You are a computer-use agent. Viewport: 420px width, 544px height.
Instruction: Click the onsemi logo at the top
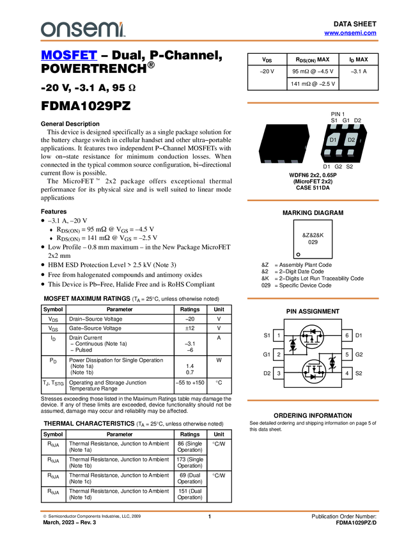[x=82, y=29]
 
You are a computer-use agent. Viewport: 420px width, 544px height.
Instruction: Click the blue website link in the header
[x=350, y=33]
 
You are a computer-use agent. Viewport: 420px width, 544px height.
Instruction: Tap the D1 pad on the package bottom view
[x=332, y=140]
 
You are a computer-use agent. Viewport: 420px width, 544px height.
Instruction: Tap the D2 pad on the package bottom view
[x=351, y=140]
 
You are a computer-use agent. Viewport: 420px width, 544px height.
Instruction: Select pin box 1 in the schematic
[x=279, y=335]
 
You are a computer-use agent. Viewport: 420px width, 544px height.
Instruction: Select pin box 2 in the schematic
[x=279, y=354]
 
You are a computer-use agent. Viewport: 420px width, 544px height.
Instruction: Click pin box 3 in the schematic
[x=279, y=373]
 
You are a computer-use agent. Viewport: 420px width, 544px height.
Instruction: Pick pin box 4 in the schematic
[x=346, y=373]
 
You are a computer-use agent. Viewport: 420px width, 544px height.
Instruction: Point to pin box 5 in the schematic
[x=346, y=354]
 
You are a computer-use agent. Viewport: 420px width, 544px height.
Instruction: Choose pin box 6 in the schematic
[x=346, y=335]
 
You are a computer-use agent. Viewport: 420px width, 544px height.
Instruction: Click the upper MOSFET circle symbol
[x=312, y=335]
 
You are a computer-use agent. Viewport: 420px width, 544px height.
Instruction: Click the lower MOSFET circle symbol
[x=313, y=371]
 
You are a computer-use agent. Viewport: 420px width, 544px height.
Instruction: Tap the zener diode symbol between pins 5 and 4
[x=332, y=364]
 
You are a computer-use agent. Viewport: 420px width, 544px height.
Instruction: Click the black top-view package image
[x=284, y=143]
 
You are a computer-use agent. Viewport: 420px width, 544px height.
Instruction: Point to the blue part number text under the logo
[x=69, y=55]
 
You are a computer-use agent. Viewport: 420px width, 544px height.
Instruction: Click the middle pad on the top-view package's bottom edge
[x=284, y=162]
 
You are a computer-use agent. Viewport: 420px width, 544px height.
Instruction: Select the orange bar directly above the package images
[x=313, y=102]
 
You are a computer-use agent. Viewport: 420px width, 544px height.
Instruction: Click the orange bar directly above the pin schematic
[x=313, y=298]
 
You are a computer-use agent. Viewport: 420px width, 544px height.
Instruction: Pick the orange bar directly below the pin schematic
[x=313, y=401]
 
